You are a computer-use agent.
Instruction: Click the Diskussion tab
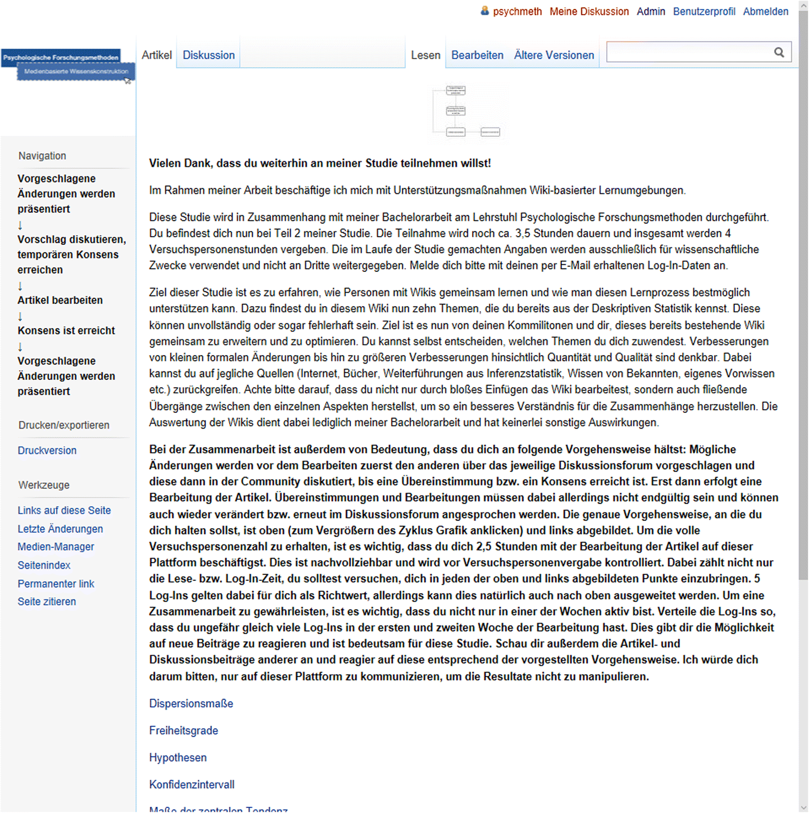208,55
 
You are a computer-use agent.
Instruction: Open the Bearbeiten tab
477,55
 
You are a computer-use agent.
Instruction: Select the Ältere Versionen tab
554,55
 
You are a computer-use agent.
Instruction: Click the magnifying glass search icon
779,52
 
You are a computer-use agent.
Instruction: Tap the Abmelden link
765,11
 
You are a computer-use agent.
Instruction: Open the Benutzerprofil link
703,11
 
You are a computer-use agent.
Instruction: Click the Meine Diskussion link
589,11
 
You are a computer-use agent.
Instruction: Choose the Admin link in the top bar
651,11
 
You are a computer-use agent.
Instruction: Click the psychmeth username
517,11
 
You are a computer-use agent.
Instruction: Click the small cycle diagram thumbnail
469,111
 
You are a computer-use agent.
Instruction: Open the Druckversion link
47,451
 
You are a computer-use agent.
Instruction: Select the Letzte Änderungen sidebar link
60,529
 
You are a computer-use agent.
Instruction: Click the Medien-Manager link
56,547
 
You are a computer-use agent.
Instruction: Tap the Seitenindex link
44,565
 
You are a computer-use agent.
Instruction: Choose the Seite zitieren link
47,602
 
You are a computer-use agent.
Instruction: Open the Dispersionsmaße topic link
191,703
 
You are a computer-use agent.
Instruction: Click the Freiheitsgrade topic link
184,730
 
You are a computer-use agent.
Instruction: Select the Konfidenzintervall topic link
191,784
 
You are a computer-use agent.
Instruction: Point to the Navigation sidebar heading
42,156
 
